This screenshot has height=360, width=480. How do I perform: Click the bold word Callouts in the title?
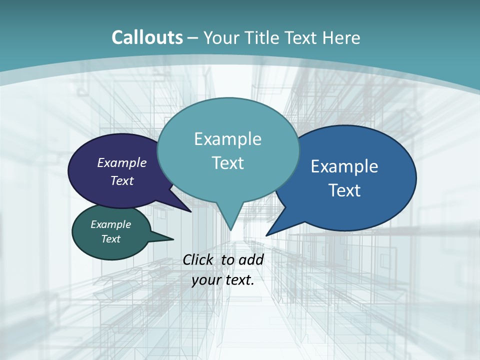point(147,37)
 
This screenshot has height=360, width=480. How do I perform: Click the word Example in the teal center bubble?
point(227,139)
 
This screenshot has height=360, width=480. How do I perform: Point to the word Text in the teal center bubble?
point(227,163)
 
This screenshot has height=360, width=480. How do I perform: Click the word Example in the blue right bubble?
point(344,166)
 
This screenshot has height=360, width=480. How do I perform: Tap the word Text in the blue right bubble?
point(344,190)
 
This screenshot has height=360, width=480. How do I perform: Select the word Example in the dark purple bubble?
point(122,162)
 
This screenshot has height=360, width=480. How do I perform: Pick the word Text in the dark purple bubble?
point(122,180)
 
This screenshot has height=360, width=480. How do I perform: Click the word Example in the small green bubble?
point(110,224)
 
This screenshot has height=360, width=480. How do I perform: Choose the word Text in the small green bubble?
point(110,239)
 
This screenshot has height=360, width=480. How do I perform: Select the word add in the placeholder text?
point(251,260)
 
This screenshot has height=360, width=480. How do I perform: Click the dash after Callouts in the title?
point(193,38)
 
